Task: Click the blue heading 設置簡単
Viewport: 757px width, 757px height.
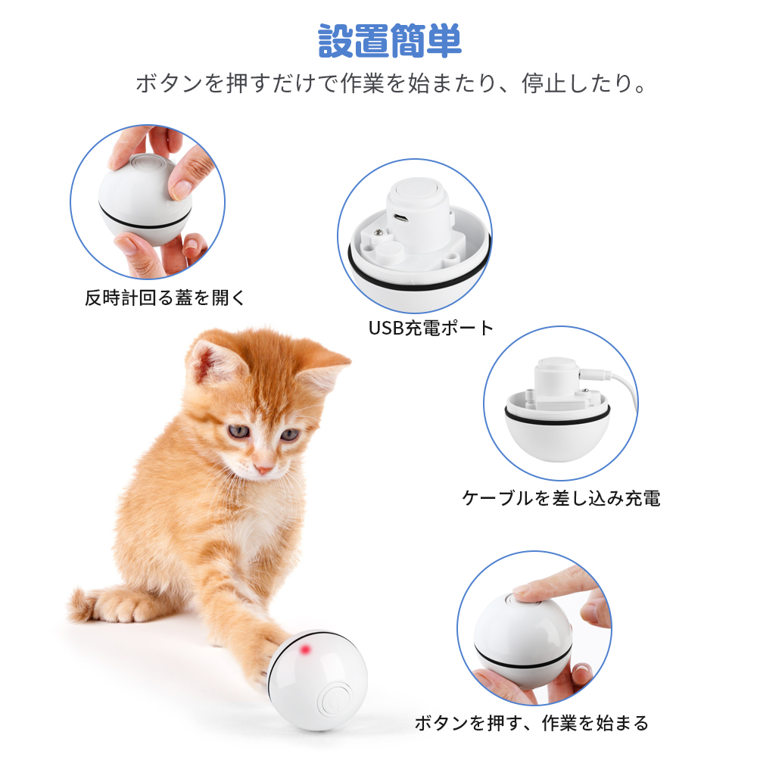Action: (x=390, y=42)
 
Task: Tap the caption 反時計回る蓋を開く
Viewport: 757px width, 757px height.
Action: (x=165, y=298)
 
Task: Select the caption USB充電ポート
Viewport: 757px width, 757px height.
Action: (x=431, y=329)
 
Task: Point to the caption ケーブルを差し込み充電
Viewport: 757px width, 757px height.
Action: (x=561, y=498)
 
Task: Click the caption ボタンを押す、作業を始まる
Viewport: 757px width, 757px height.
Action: (x=531, y=723)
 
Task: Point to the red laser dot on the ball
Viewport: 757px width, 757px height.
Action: (x=305, y=650)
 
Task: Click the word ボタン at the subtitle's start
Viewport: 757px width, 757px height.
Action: (x=169, y=83)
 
